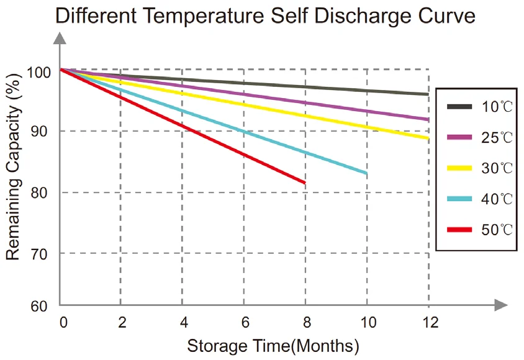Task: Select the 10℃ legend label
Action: [497, 107]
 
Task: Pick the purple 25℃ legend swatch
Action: [461, 137]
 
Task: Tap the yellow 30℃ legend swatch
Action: [461, 168]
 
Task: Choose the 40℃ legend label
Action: [497, 199]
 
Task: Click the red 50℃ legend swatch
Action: [461, 230]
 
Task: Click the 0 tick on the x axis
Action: [63, 322]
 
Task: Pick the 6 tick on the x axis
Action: [246, 322]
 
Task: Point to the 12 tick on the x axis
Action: [429, 322]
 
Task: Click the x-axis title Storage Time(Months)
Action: [273, 346]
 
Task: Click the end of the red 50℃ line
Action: [305, 183]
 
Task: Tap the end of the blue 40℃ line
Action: [367, 173]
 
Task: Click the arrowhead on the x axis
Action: [502, 305]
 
